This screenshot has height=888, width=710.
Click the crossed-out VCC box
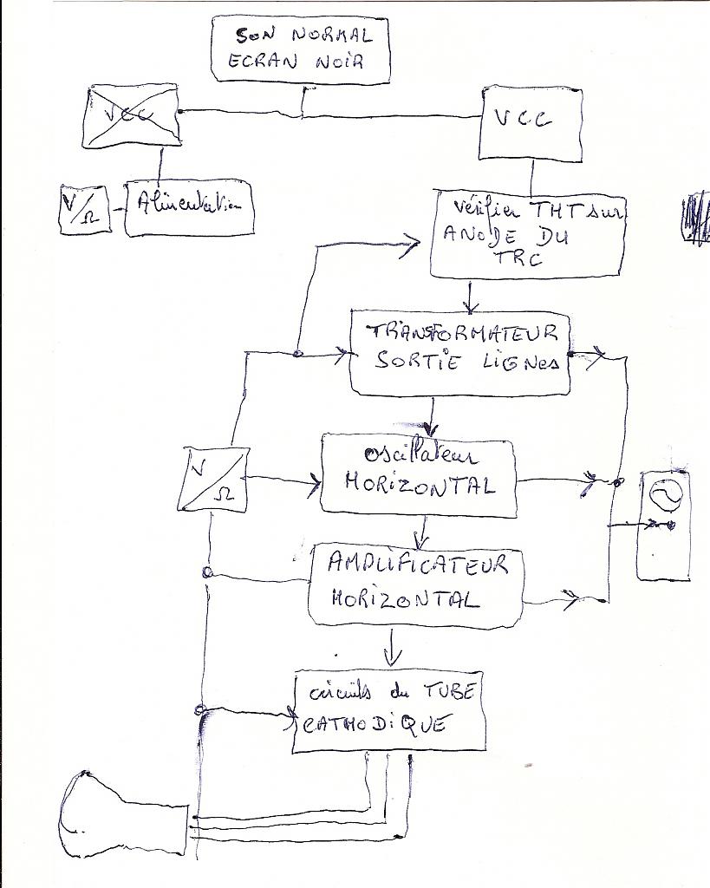[x=132, y=115]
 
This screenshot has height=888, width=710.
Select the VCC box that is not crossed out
[x=531, y=123]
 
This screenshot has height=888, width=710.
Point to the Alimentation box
[x=190, y=208]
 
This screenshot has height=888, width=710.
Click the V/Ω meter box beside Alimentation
[x=84, y=210]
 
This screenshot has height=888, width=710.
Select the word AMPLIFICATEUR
[x=416, y=565]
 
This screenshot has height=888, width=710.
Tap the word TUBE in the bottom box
[x=448, y=691]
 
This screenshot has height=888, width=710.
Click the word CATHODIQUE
[x=375, y=723]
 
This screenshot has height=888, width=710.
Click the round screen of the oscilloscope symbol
[x=666, y=495]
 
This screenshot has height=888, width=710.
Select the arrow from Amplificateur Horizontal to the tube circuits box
[x=393, y=647]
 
